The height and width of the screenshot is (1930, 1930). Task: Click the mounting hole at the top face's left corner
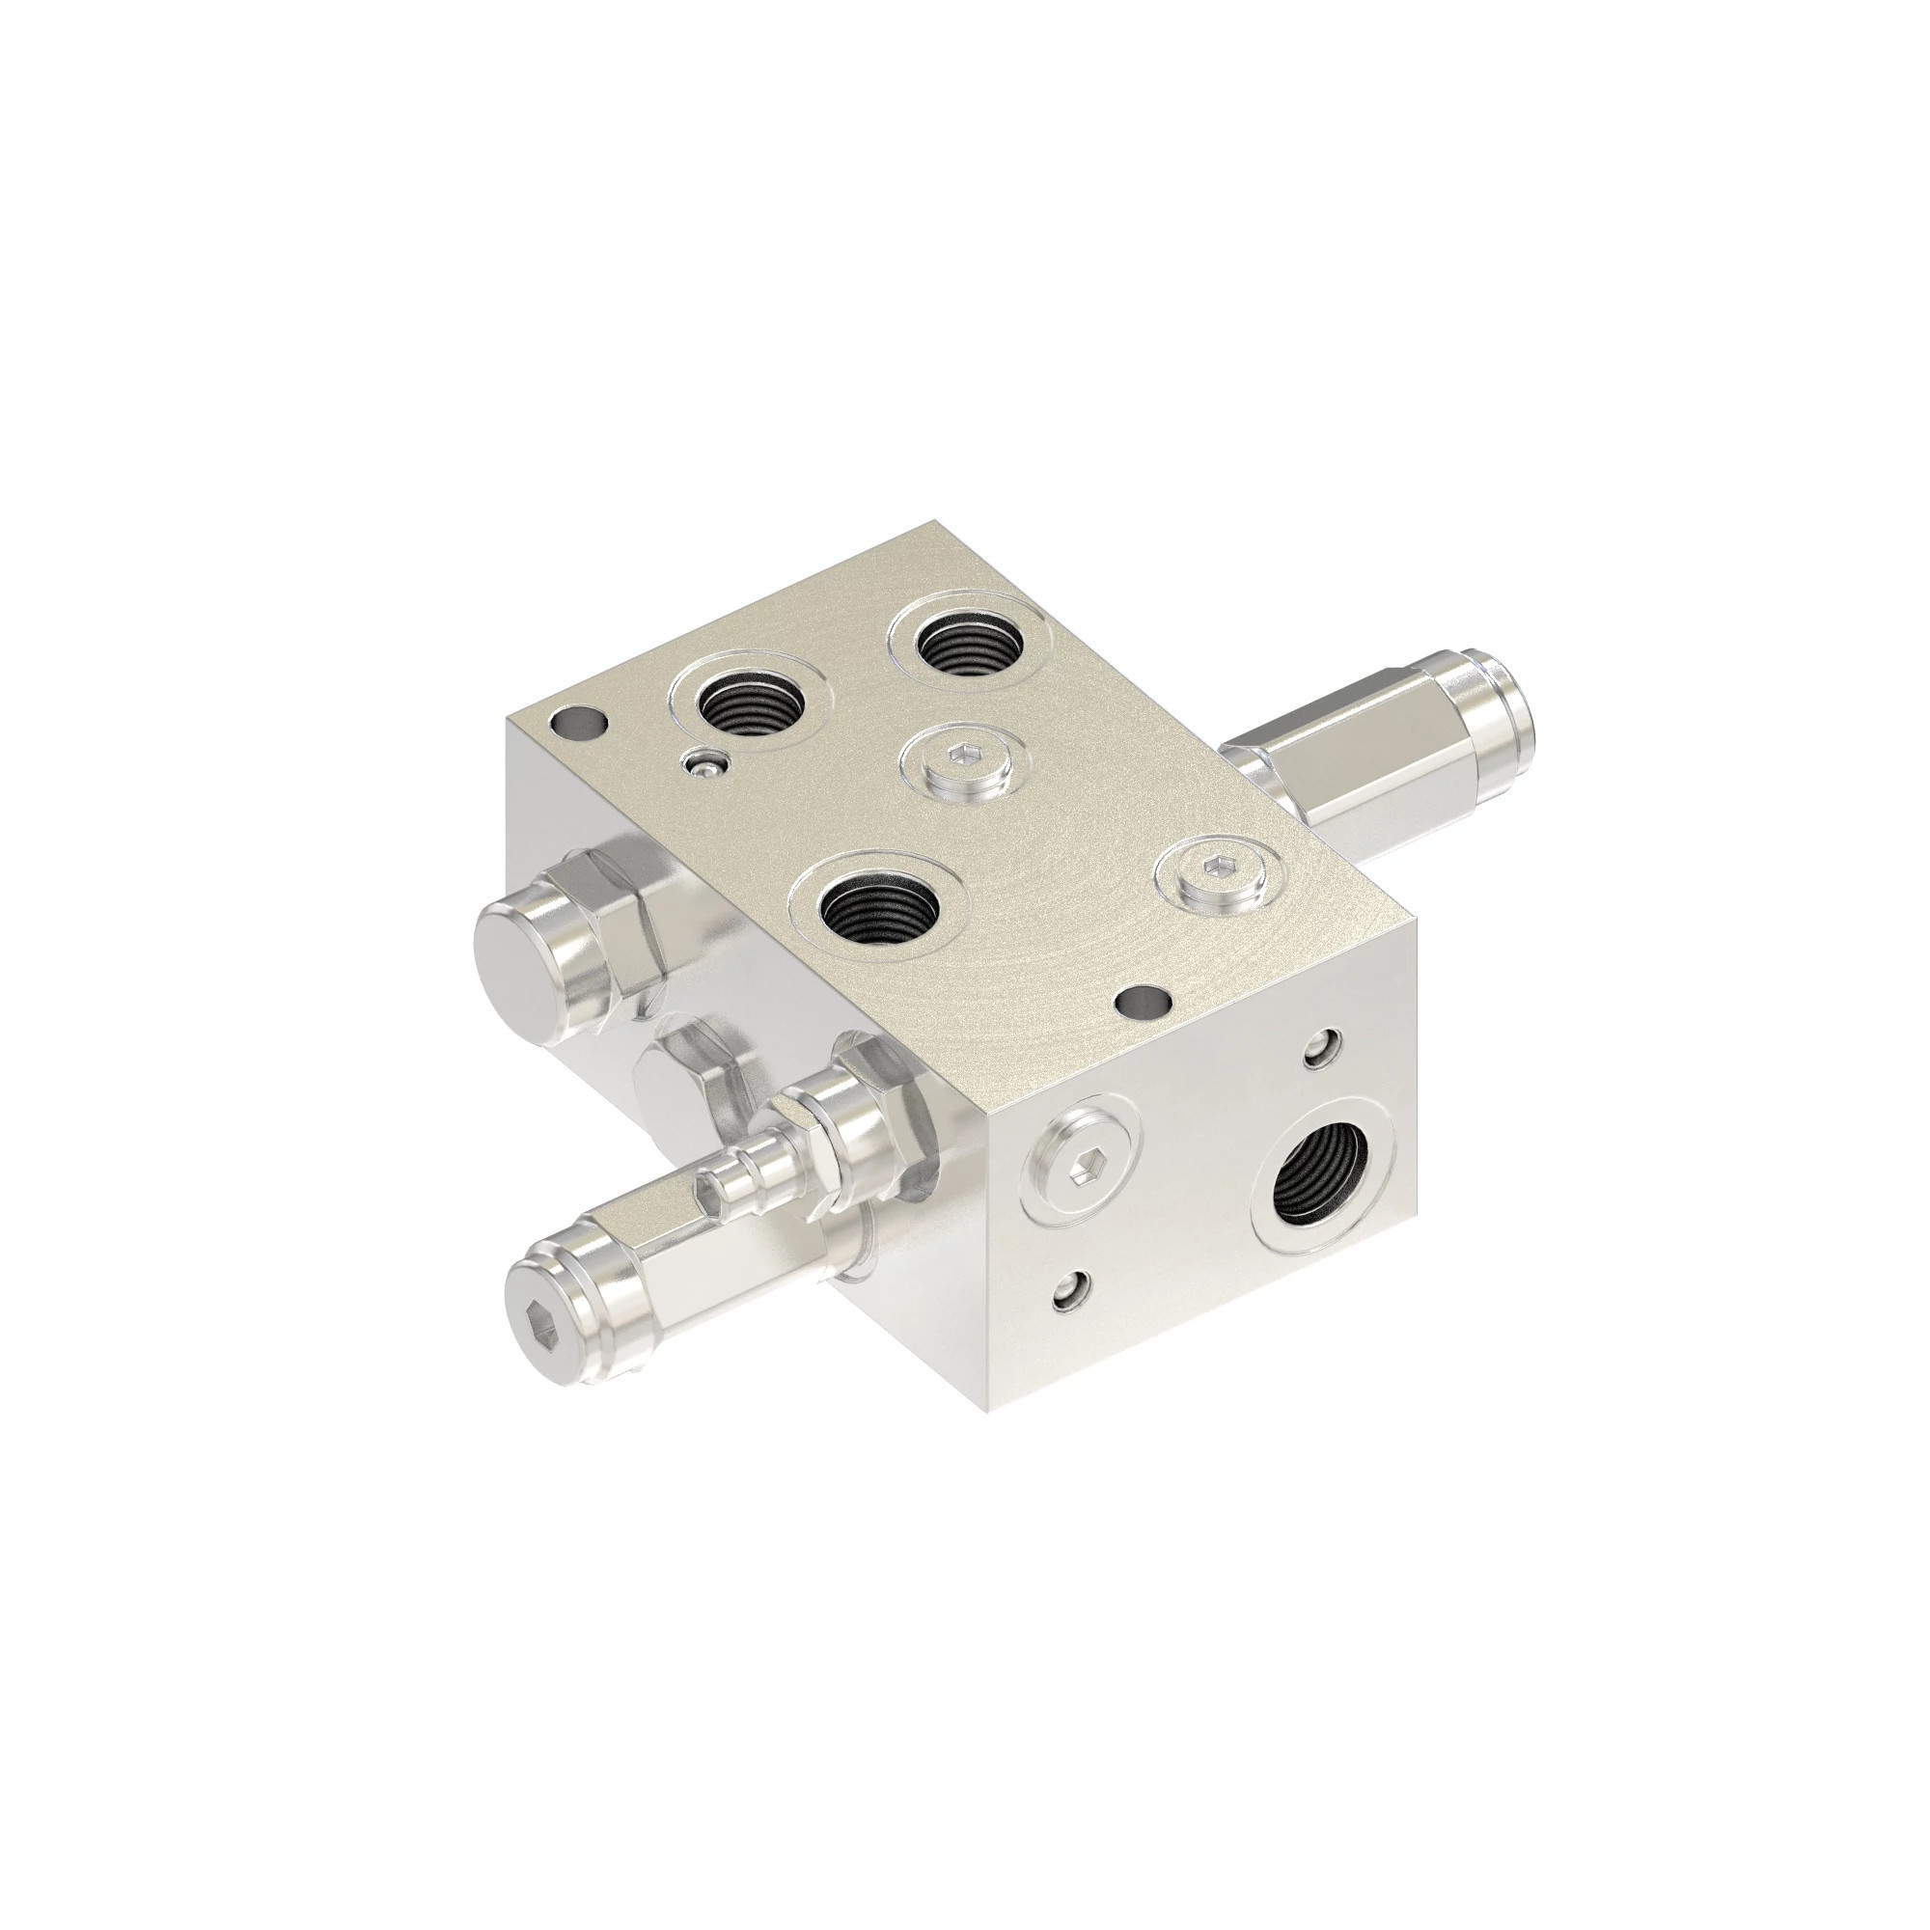[578, 721]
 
